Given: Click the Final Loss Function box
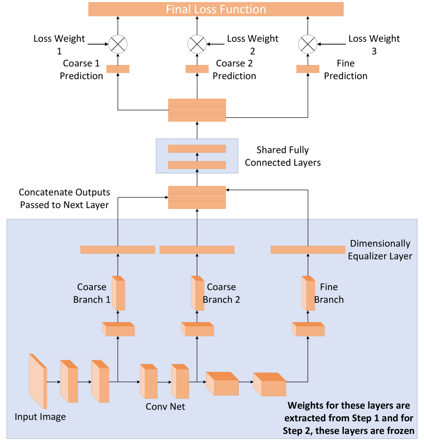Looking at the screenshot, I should [x=216, y=9].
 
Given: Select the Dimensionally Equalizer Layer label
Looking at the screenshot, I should [x=380, y=250].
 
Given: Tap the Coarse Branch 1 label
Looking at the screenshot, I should [x=92, y=293].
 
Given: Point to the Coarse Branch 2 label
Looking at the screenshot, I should [x=221, y=293].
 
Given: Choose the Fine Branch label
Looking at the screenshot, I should [x=329, y=293].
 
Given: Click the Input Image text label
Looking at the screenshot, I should [x=40, y=417].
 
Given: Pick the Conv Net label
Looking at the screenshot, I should [x=165, y=406].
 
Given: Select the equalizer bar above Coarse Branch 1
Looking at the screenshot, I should [x=118, y=250].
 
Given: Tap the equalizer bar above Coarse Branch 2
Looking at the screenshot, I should [x=197, y=250].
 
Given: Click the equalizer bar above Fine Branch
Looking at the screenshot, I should [x=308, y=250].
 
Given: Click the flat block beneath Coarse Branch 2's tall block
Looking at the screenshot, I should [x=197, y=330].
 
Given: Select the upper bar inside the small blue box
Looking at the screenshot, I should [x=197, y=149].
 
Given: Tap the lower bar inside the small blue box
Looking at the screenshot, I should [x=197, y=165].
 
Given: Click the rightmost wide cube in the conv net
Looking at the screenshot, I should [x=270, y=385].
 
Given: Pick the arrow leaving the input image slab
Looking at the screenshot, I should [x=53, y=382].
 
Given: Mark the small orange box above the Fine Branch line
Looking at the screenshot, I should [x=308, y=69].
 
